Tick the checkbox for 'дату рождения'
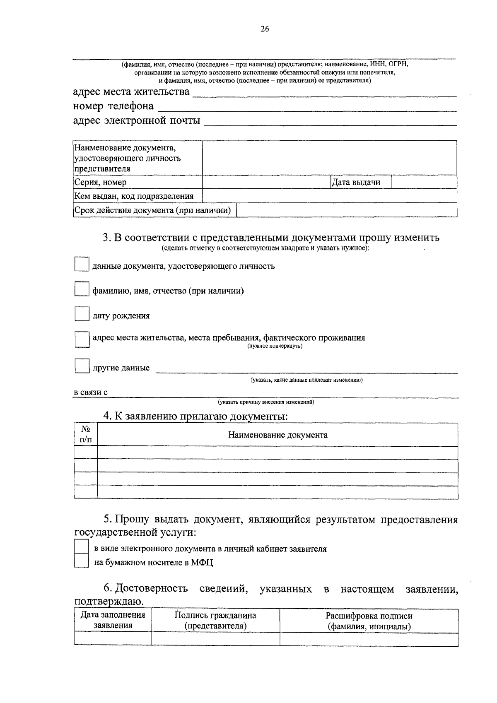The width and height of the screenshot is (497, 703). (x=82, y=314)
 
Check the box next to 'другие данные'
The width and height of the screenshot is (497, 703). (x=82, y=366)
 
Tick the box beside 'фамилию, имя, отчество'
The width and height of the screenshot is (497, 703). (x=82, y=289)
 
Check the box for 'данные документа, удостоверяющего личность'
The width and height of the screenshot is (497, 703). (x=82, y=264)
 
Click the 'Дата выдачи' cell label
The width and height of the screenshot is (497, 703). (x=356, y=182)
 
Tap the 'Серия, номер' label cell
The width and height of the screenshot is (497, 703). (x=100, y=182)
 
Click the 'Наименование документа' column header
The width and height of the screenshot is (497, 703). (x=277, y=435)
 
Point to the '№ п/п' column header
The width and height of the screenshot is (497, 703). (x=86, y=434)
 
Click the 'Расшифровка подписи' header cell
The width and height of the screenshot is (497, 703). (x=369, y=621)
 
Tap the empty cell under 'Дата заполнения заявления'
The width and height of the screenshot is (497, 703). (x=113, y=639)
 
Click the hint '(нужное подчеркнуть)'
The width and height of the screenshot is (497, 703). (x=275, y=346)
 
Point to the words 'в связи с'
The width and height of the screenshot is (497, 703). (x=91, y=392)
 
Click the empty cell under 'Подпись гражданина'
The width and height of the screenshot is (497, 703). (x=215, y=639)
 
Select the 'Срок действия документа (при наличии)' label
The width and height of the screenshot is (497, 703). (x=152, y=210)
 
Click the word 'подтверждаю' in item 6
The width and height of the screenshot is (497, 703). (x=109, y=601)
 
